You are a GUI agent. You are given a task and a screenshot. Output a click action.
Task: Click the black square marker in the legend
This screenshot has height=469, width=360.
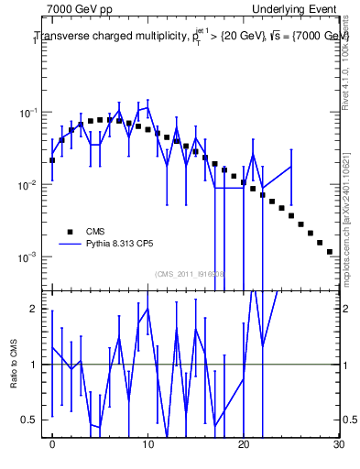[x=69, y=232]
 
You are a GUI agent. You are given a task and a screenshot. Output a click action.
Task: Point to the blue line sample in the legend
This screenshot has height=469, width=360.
[x=69, y=245]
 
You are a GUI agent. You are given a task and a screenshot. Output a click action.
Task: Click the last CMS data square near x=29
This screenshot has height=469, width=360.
[x=329, y=251]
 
